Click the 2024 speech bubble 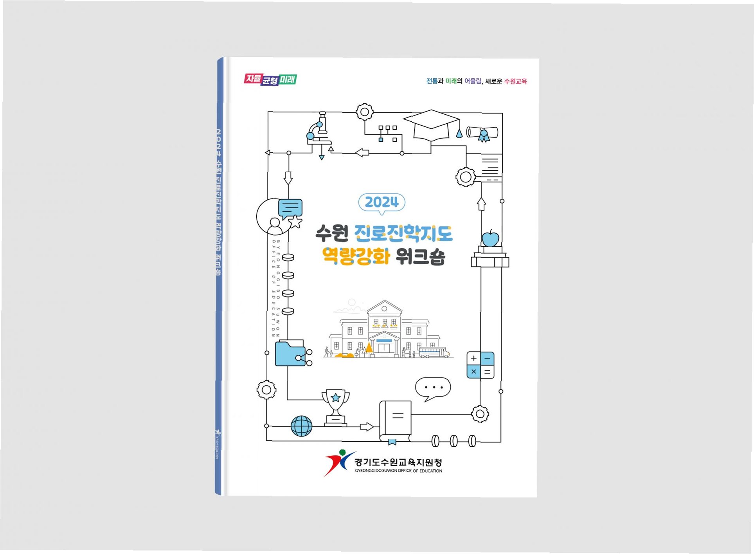tap(381, 202)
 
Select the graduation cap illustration tap(431, 125)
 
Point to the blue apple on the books tap(490, 238)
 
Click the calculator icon tap(480, 365)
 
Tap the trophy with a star tap(335, 406)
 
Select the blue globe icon tap(301, 426)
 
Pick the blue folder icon tap(290, 354)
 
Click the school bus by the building tap(433, 352)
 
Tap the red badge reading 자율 tap(253, 79)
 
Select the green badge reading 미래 tap(288, 79)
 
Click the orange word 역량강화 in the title tap(356, 256)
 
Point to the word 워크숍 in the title tap(420, 256)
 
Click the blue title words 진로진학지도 tap(403, 233)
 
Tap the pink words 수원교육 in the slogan tap(515, 81)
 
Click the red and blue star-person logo tap(337, 462)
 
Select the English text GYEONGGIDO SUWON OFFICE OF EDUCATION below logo tap(398, 471)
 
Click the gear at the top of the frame tap(364, 112)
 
